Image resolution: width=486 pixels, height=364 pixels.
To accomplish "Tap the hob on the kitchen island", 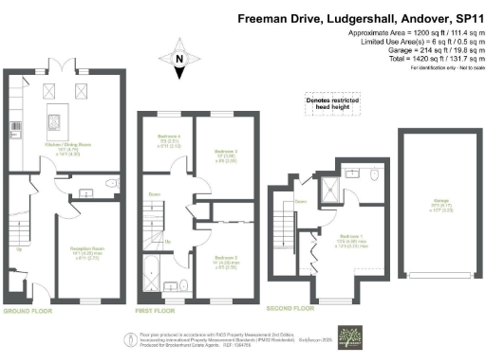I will click(x=56, y=122).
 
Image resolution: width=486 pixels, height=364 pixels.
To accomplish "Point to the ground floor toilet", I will click(x=111, y=184).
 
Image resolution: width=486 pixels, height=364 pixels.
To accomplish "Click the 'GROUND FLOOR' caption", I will click(x=26, y=311).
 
